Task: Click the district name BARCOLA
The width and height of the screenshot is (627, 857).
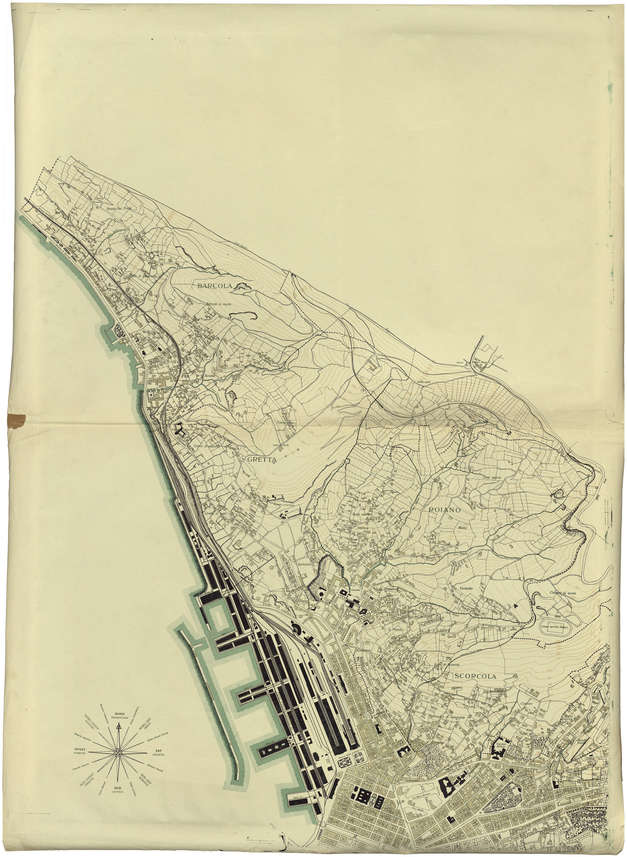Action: point(215,286)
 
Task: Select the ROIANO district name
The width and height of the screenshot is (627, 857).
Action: point(445,509)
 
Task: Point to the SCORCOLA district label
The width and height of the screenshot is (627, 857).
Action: point(475,677)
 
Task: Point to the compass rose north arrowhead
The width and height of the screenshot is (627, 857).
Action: point(118,726)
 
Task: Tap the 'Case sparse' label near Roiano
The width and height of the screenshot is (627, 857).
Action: point(492,477)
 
